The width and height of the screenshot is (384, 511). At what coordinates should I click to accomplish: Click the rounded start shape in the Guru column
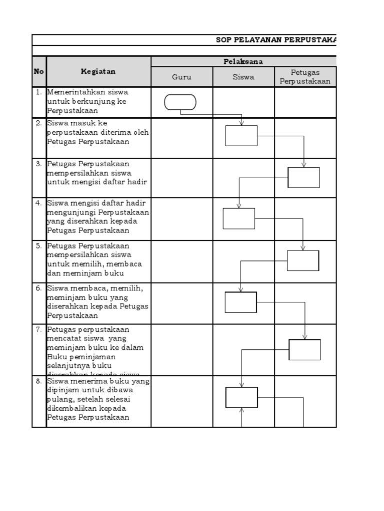pos(180,102)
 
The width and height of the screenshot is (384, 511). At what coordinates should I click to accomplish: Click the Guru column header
pos(181,77)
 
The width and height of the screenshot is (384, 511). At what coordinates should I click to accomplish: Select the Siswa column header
pos(243,77)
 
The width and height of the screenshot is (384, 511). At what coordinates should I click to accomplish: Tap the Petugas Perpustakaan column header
pos(305,77)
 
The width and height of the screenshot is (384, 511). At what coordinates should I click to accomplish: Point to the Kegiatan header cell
pos(98,71)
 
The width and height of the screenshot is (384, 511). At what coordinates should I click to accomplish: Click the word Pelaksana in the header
pos(243,61)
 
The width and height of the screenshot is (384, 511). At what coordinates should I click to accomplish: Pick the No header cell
pos(39,71)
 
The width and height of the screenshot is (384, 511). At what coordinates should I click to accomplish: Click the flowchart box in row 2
pos(241,136)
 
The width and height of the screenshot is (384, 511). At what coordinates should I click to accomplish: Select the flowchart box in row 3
pos(303,178)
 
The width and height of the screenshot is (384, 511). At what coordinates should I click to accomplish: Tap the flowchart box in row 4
pos(238,219)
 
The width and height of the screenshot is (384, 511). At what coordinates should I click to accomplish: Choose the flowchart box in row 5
pos(303,260)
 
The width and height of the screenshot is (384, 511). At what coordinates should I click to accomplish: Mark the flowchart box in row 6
pos(240,302)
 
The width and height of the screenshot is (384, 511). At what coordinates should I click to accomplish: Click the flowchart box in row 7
pos(304,349)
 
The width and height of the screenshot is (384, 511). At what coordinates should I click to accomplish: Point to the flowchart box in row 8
pos(241,397)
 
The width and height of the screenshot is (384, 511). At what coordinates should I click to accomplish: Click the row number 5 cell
pos(39,246)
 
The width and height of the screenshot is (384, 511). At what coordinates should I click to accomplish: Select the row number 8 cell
pos(39,381)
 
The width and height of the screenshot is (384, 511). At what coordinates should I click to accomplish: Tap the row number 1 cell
pos(39,92)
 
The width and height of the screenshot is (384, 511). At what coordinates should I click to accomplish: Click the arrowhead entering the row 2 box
pos(241,123)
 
